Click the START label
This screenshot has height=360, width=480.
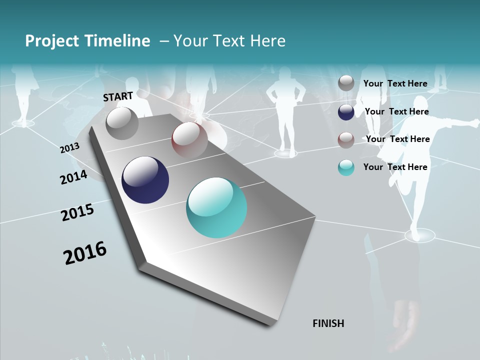[x=118, y=96]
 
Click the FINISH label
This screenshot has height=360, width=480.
[x=328, y=323]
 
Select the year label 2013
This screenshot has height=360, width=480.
[x=70, y=148]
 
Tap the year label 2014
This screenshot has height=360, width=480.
[x=73, y=177]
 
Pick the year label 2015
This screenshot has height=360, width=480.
[x=77, y=212]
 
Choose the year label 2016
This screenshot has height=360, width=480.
[x=85, y=253]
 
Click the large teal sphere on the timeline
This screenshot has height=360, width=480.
[x=216, y=207]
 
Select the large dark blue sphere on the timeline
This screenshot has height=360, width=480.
[x=145, y=180]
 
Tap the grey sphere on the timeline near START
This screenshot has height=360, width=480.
[x=122, y=123]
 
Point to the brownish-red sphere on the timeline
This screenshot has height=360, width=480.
[x=189, y=139]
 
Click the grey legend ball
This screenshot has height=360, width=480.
[x=346, y=83]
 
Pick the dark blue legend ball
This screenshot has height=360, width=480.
[x=346, y=112]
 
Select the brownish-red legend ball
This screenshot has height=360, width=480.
[x=346, y=139]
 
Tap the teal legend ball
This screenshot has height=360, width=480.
[x=346, y=167]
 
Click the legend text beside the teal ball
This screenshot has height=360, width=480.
[x=395, y=167]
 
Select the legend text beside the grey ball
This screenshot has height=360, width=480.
[x=395, y=83]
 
